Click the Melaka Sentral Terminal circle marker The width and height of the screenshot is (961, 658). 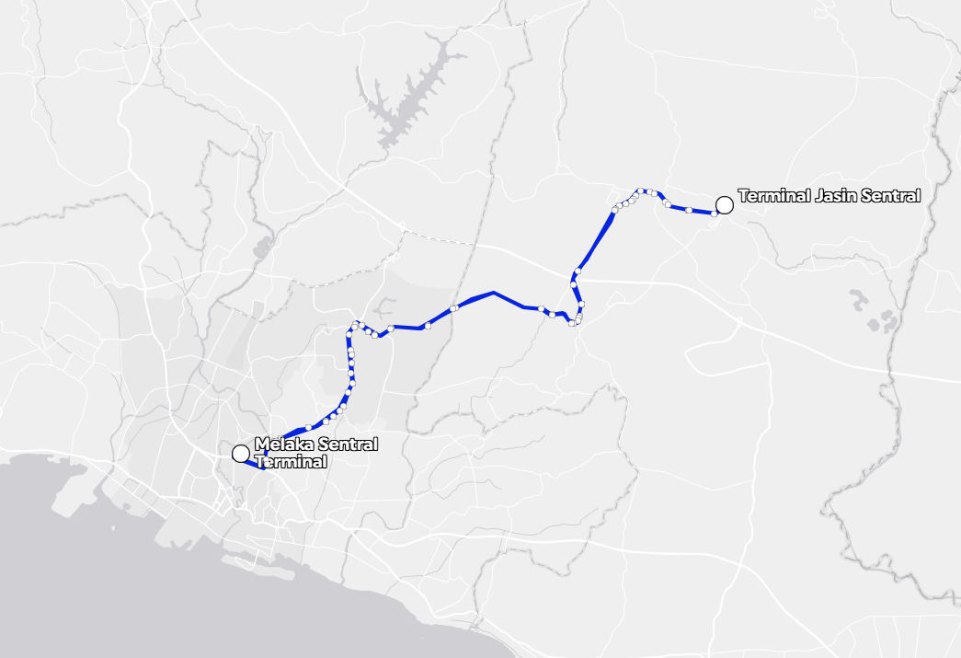(241, 453)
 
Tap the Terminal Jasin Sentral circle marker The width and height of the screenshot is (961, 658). (725, 204)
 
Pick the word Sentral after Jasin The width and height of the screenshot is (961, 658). (890, 196)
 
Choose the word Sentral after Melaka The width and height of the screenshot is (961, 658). (348, 445)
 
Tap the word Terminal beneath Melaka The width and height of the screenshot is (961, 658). (291, 462)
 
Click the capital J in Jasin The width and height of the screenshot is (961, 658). (818, 196)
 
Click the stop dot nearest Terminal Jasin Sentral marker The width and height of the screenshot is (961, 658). (715, 214)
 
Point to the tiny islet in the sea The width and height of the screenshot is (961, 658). (114, 529)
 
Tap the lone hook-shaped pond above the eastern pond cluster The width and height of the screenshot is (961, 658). (857, 298)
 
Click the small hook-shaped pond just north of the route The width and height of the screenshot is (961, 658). (384, 307)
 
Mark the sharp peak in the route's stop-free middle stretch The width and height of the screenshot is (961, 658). (494, 293)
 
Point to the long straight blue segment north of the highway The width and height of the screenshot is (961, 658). (596, 239)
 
